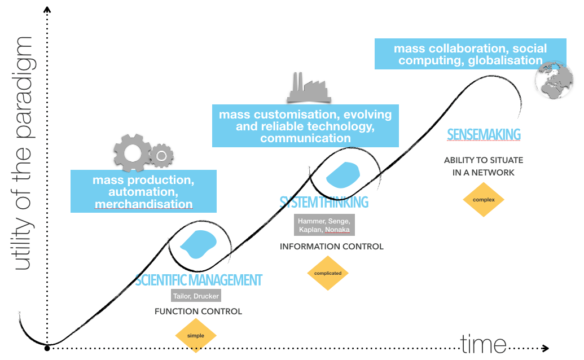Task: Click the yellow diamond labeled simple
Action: [196, 336]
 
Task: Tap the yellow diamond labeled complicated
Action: [328, 273]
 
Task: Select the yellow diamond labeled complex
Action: [483, 199]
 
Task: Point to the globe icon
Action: [552, 79]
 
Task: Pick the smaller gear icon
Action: [162, 154]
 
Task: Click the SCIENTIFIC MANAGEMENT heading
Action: [199, 280]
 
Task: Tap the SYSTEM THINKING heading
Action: [324, 201]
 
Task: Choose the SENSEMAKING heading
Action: [483, 134]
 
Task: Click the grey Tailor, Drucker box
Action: [196, 296]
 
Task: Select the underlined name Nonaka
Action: [337, 230]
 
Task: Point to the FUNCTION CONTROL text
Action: [198, 311]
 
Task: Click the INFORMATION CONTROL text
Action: [331, 247]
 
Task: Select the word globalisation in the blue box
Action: [506, 60]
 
